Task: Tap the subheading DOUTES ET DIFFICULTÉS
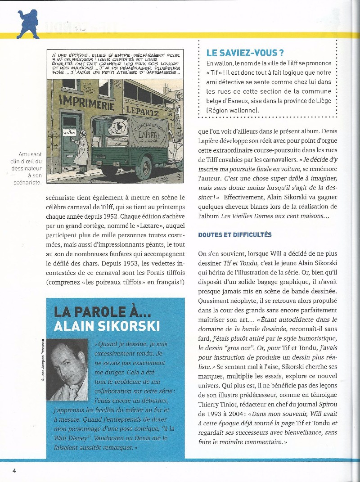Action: [235, 234]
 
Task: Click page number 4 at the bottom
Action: [14, 470]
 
